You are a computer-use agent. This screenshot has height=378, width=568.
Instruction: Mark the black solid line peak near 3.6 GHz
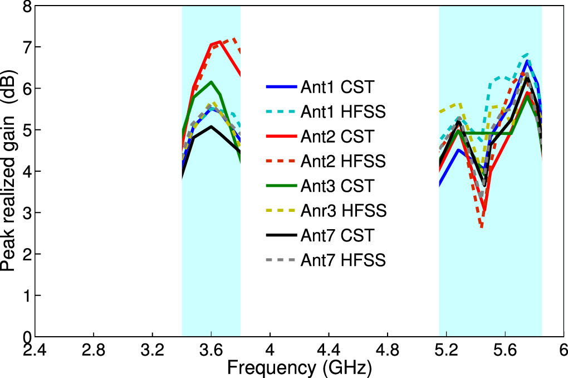click(x=211, y=127)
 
